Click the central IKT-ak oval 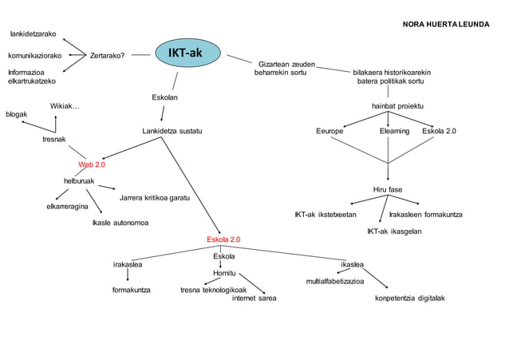[185, 53]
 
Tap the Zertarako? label [107, 56]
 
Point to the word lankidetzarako [33, 34]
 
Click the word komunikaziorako [34, 56]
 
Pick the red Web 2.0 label [92, 164]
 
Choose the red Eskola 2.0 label [223, 239]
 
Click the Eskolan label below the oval [164, 97]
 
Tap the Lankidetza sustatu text [172, 130]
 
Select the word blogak [16, 114]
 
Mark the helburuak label [79, 181]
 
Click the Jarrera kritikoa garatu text [154, 197]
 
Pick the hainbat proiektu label [397, 106]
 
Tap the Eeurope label [329, 131]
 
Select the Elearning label [394, 131]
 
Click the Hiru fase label [388, 189]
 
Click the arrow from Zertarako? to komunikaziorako [77, 56]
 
